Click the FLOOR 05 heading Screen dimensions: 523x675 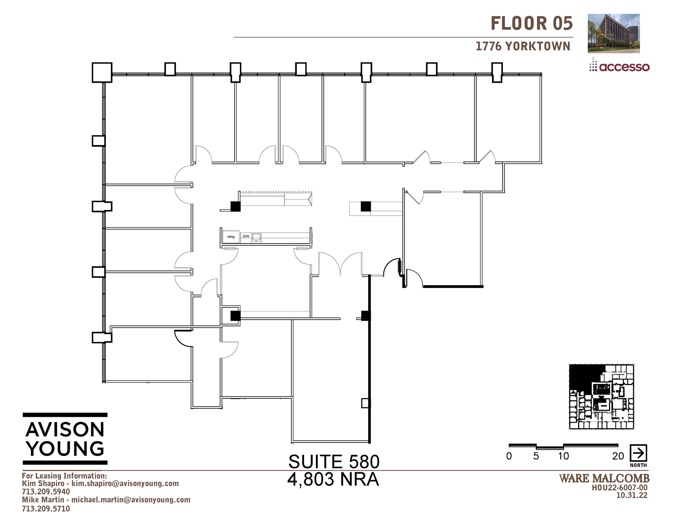(531, 24)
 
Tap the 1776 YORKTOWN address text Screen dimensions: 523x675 (523, 46)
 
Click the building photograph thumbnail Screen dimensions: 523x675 (613, 33)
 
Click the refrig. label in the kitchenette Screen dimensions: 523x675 (231, 237)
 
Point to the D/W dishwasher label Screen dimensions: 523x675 (246, 236)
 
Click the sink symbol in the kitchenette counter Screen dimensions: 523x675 (256, 237)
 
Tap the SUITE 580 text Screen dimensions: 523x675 (334, 462)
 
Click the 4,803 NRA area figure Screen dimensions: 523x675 (333, 479)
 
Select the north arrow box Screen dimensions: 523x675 (638, 453)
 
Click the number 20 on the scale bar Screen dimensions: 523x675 (618, 456)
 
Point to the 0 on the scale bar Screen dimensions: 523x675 (509, 456)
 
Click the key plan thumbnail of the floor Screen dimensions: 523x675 (602, 397)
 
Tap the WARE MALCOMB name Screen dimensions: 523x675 (604, 479)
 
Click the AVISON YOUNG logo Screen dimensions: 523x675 (65, 439)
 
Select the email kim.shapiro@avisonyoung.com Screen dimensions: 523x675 (125, 483)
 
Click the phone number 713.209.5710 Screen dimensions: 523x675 (46, 508)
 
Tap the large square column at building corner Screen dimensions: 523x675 (102, 73)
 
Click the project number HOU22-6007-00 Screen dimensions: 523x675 (620, 488)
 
